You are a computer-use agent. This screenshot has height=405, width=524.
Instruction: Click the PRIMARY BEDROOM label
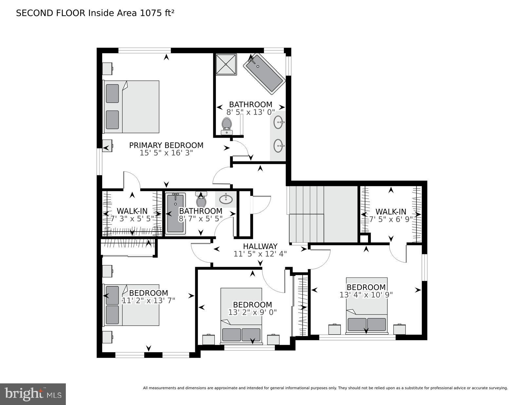[x=166, y=145]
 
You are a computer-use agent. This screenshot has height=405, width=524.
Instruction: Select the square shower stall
[x=226, y=64]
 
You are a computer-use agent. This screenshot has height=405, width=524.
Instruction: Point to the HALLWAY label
[x=260, y=246]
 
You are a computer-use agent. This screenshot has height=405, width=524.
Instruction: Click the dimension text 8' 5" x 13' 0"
[x=251, y=112]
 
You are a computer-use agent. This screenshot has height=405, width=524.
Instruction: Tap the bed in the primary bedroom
[x=132, y=107]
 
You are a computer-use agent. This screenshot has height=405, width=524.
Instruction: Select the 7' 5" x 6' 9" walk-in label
[x=391, y=219]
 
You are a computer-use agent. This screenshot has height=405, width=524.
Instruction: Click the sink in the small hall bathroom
[x=226, y=199]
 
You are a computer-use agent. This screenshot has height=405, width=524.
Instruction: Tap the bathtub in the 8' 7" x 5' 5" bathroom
[x=176, y=213]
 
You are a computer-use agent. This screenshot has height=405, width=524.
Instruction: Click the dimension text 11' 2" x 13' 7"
[x=148, y=300]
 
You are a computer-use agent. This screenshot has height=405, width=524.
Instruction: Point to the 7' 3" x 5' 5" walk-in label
[x=132, y=219]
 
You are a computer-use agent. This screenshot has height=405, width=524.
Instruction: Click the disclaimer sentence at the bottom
[x=325, y=388]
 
